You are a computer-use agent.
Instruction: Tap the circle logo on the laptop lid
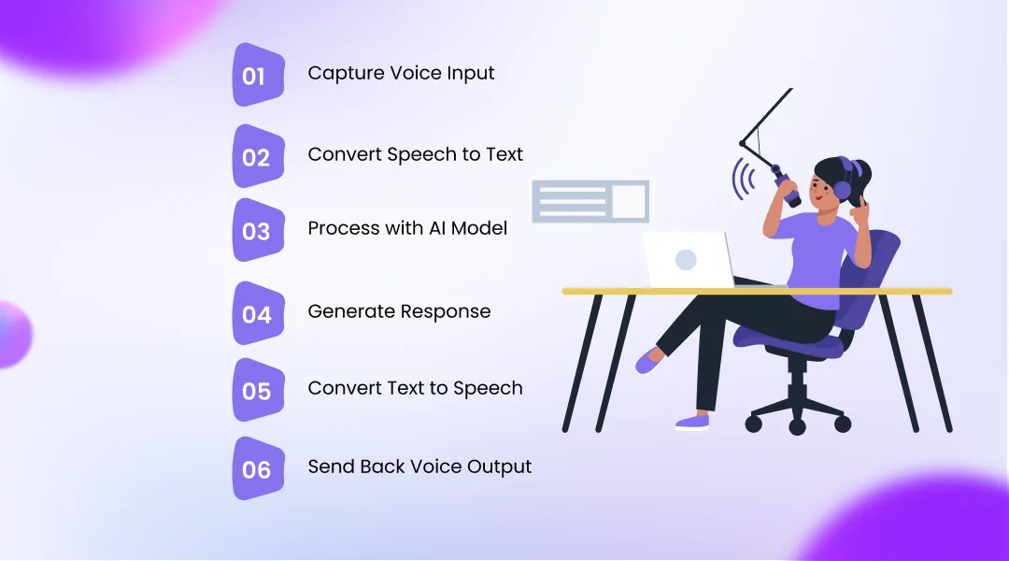[686, 259]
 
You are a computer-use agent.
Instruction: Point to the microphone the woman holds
[787, 188]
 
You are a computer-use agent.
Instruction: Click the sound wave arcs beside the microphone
[744, 178]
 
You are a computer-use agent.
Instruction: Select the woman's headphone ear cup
[842, 190]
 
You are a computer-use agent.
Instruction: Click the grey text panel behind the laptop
[590, 201]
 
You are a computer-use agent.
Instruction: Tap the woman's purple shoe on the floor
[692, 422]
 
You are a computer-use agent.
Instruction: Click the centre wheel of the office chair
[797, 427]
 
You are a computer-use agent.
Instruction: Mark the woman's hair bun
[863, 173]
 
